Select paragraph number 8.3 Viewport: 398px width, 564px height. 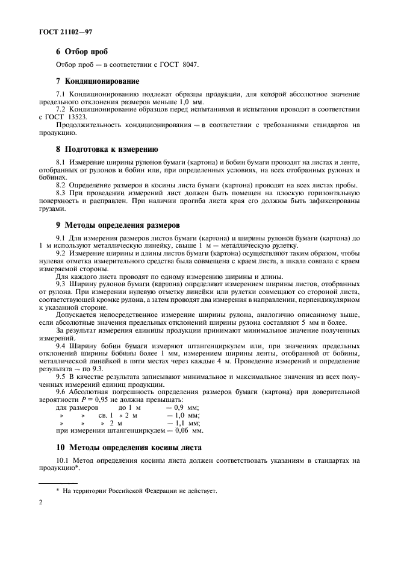(61, 192)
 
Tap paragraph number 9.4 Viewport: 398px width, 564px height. (61, 345)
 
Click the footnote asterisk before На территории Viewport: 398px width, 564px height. (57, 490)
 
